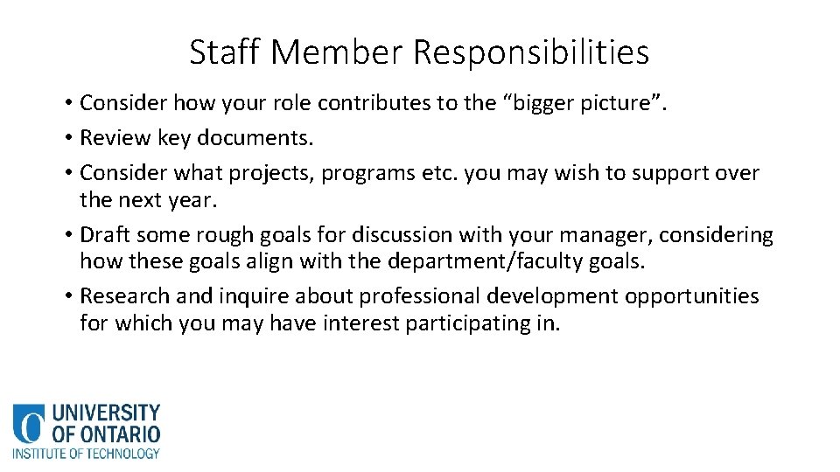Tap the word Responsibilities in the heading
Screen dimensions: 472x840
click(x=530, y=52)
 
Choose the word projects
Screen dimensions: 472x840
click(x=268, y=173)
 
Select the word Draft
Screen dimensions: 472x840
click(x=105, y=235)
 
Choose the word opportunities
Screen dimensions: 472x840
click(x=691, y=297)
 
